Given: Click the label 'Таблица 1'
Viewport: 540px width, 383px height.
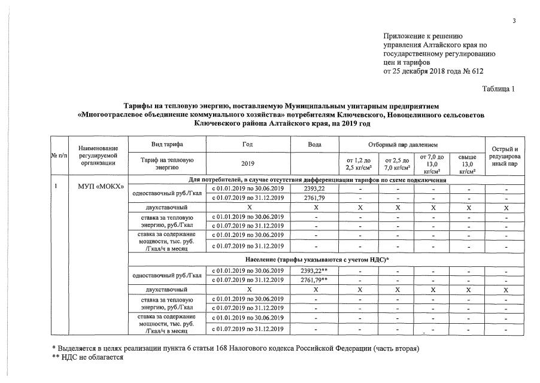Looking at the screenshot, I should (x=499, y=89).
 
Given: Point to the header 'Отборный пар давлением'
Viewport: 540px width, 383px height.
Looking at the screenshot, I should (x=412, y=145).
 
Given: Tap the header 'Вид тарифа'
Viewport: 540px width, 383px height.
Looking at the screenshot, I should (x=168, y=145).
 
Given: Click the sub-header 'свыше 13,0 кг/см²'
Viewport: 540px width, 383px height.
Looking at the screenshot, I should (x=467, y=163).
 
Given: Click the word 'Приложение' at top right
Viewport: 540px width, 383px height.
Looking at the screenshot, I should (x=404, y=37).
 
